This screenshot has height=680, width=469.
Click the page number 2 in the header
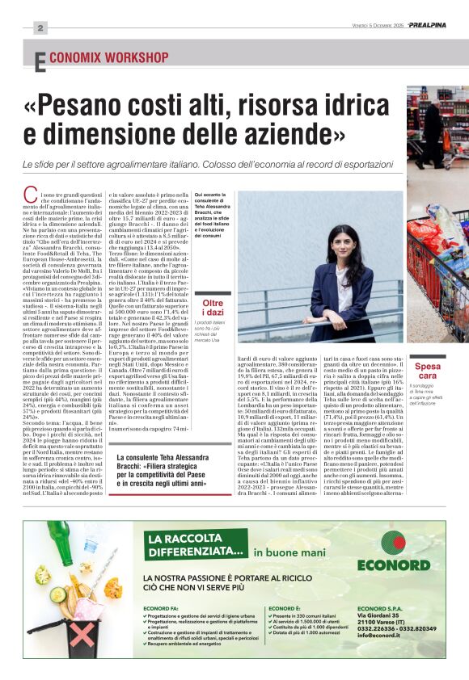[39, 27]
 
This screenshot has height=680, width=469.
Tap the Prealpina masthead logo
[426, 25]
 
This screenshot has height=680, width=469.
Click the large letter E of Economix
[40, 62]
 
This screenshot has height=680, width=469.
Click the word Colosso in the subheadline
[248, 164]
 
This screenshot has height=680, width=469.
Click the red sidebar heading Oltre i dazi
[213, 308]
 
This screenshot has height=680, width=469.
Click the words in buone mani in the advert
[282, 552]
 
